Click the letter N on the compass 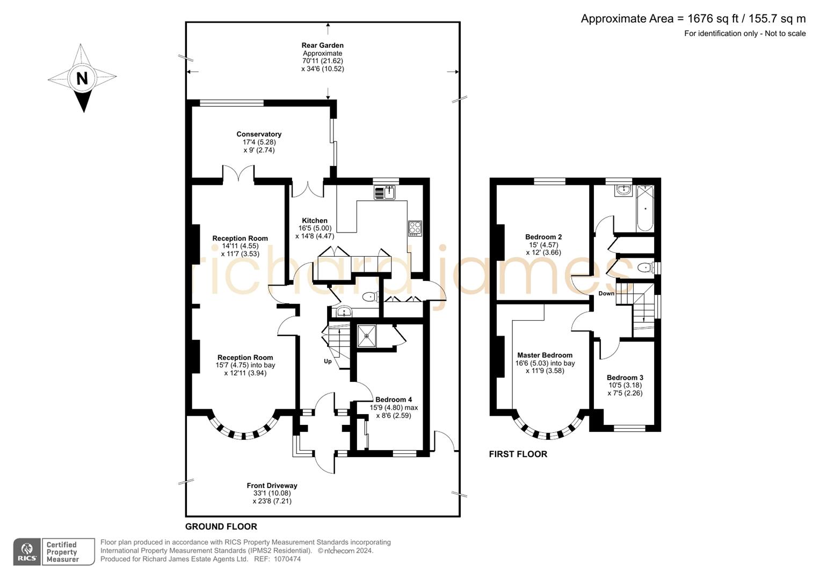coord(82,78)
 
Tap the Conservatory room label coord(259,134)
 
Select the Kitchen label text coord(314,221)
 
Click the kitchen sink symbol coord(384,192)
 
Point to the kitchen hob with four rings coord(415,228)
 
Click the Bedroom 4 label coord(394,400)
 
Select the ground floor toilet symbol coord(370,296)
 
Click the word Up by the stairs coord(328,361)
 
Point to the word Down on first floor coord(606,294)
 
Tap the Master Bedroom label coord(545,355)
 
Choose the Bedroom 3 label coord(625,378)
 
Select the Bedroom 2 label coord(543,237)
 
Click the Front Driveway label coord(272,485)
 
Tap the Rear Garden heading coord(322,46)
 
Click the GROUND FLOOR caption coord(221,526)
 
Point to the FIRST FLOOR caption coord(518,454)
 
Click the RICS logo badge coord(27,552)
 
